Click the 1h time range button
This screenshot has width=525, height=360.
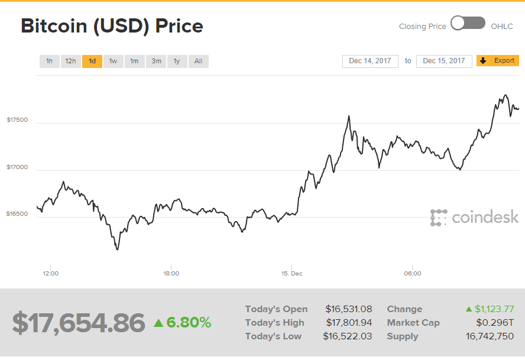pyautogui.click(x=49, y=61)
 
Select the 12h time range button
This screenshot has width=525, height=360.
pyautogui.click(x=70, y=61)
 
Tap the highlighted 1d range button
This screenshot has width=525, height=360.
pyautogui.click(x=92, y=61)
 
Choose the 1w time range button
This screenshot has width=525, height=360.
pyautogui.click(x=113, y=61)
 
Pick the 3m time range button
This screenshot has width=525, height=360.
pyautogui.click(x=156, y=61)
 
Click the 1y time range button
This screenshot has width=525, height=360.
pyautogui.click(x=177, y=61)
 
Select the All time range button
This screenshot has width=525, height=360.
pyautogui.click(x=198, y=61)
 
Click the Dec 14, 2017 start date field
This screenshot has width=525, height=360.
pyautogui.click(x=370, y=61)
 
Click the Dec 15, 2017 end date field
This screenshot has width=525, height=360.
pyautogui.click(x=444, y=61)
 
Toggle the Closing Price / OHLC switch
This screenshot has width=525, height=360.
pyautogui.click(x=468, y=24)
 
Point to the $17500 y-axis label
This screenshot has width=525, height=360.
pyautogui.click(x=17, y=120)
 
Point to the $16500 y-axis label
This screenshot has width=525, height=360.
pyautogui.click(x=17, y=214)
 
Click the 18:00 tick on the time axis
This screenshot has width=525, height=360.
pyautogui.click(x=171, y=274)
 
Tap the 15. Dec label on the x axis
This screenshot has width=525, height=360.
pyautogui.click(x=291, y=274)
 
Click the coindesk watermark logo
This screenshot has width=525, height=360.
pyautogui.click(x=474, y=218)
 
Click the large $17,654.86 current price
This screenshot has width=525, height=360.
pyautogui.click(x=79, y=323)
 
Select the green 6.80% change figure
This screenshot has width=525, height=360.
pyautogui.click(x=188, y=323)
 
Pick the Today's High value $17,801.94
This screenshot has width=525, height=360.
pyautogui.click(x=348, y=323)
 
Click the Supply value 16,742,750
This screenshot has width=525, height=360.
pyautogui.click(x=490, y=336)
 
